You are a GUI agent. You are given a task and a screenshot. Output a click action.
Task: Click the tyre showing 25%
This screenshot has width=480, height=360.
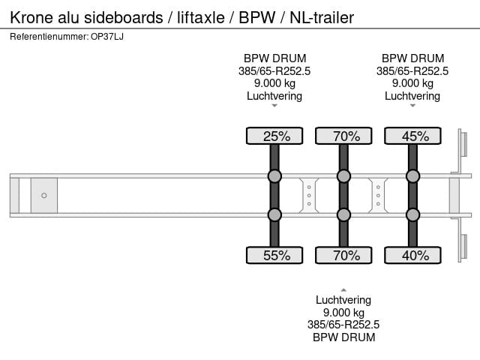click(274, 136)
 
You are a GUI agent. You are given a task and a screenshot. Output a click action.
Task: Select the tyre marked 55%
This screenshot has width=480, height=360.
click(274, 255)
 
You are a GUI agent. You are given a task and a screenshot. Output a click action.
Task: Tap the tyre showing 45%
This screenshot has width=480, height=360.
click(412, 136)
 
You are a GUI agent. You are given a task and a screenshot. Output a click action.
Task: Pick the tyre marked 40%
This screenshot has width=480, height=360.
click(412, 255)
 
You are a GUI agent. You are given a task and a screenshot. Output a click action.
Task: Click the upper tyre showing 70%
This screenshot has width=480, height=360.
click(343, 136)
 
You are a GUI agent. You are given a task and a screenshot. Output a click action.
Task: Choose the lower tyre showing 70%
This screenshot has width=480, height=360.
click(343, 255)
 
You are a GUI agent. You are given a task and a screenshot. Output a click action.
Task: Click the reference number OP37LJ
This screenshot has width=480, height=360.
click(107, 36)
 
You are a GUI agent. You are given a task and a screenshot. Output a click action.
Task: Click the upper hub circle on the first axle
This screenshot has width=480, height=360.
click(274, 176)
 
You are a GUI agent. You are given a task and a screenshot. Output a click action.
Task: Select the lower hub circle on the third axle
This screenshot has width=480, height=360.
click(412, 214)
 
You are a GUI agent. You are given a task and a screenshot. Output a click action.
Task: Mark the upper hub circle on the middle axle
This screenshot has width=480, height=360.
click(343, 176)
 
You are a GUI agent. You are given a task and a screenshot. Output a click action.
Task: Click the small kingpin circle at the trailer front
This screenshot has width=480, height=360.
click(43, 196)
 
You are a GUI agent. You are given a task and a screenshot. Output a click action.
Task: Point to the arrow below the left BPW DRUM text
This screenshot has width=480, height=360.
click(274, 106)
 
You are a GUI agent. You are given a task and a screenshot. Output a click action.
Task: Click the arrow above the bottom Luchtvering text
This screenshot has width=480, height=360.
click(343, 289)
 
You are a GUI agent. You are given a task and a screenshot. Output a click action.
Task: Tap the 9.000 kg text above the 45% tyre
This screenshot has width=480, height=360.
click(412, 83)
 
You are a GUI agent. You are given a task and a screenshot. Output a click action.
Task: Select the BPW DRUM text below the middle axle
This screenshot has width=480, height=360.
click(343, 337)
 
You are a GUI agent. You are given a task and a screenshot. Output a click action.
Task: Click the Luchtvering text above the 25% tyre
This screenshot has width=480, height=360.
click(274, 96)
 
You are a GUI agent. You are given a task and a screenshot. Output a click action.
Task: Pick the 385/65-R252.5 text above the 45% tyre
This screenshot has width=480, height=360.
click(412, 71)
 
